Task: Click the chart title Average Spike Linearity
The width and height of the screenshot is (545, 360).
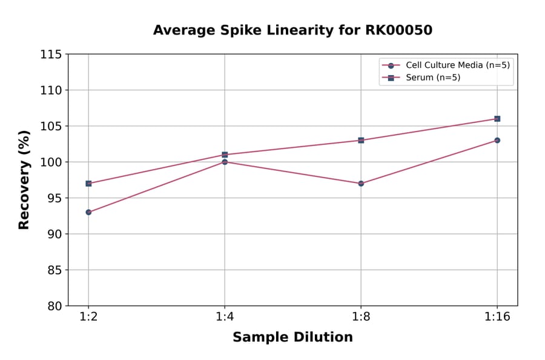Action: (x=292, y=30)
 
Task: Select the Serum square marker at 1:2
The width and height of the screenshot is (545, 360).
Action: (x=88, y=183)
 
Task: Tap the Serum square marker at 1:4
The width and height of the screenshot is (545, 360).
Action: (x=225, y=155)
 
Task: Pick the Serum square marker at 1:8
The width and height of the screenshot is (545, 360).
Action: (x=361, y=140)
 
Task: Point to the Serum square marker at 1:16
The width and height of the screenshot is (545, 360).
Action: (x=497, y=119)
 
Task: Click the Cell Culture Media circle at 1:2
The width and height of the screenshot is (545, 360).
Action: (x=88, y=212)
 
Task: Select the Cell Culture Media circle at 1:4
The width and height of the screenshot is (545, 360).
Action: (x=225, y=162)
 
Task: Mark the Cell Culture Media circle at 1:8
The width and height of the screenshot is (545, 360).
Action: (x=361, y=183)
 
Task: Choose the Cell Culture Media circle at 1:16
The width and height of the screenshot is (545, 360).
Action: (x=497, y=140)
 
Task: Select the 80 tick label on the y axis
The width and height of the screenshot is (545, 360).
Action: (x=54, y=306)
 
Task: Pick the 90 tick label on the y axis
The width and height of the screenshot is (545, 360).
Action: (x=54, y=234)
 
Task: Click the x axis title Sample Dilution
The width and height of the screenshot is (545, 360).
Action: (x=292, y=338)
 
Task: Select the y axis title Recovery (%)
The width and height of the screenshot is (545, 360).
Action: (x=24, y=180)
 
